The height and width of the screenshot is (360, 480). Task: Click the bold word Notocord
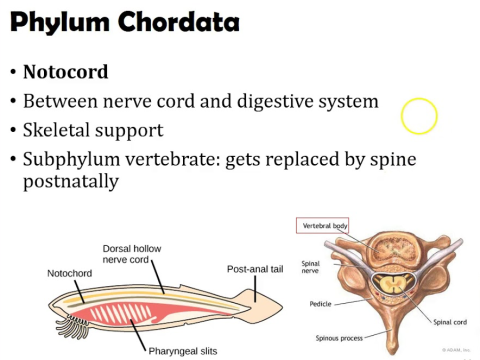pyautogui.click(x=66, y=73)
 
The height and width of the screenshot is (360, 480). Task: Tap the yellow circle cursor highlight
pyautogui.click(x=419, y=117)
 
